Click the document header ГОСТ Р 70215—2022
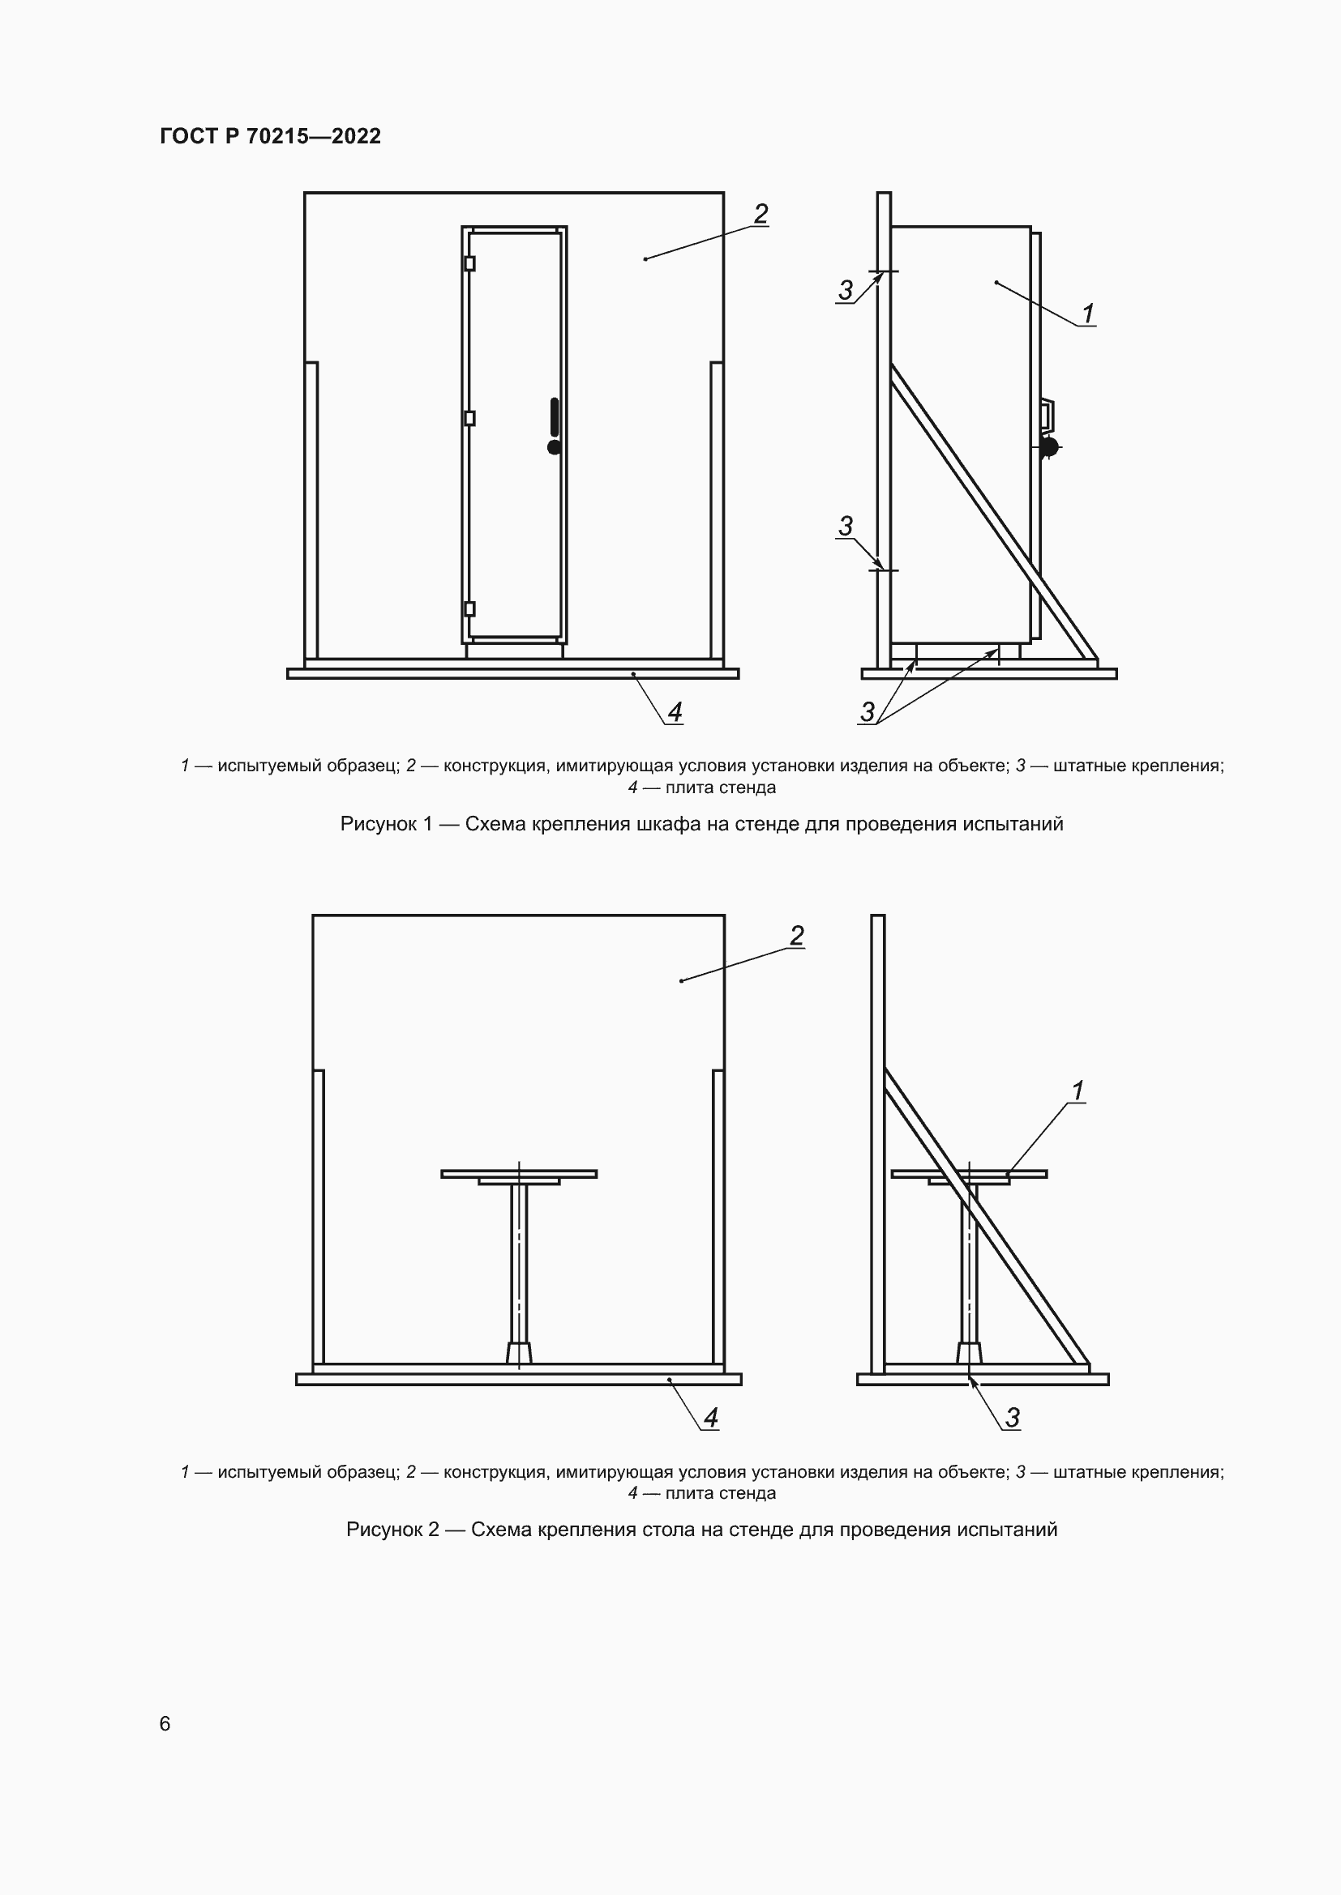coord(270,136)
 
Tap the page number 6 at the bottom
coord(165,1723)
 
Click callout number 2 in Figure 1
coord(760,214)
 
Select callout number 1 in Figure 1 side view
coord(1088,314)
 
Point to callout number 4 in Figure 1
coord(675,711)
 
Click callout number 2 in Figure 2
coord(796,935)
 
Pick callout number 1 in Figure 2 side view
coord(1077,1090)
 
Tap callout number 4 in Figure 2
coord(710,1417)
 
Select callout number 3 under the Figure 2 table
coord(1013,1417)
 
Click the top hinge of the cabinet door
coord(470,263)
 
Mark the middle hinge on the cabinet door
coord(470,418)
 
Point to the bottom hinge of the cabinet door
coord(470,609)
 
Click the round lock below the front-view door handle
coord(554,447)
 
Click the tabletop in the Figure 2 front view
coord(519,1174)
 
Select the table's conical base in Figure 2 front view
coord(519,1353)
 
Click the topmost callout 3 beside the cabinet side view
coord(845,291)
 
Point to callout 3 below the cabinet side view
coord(867,711)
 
